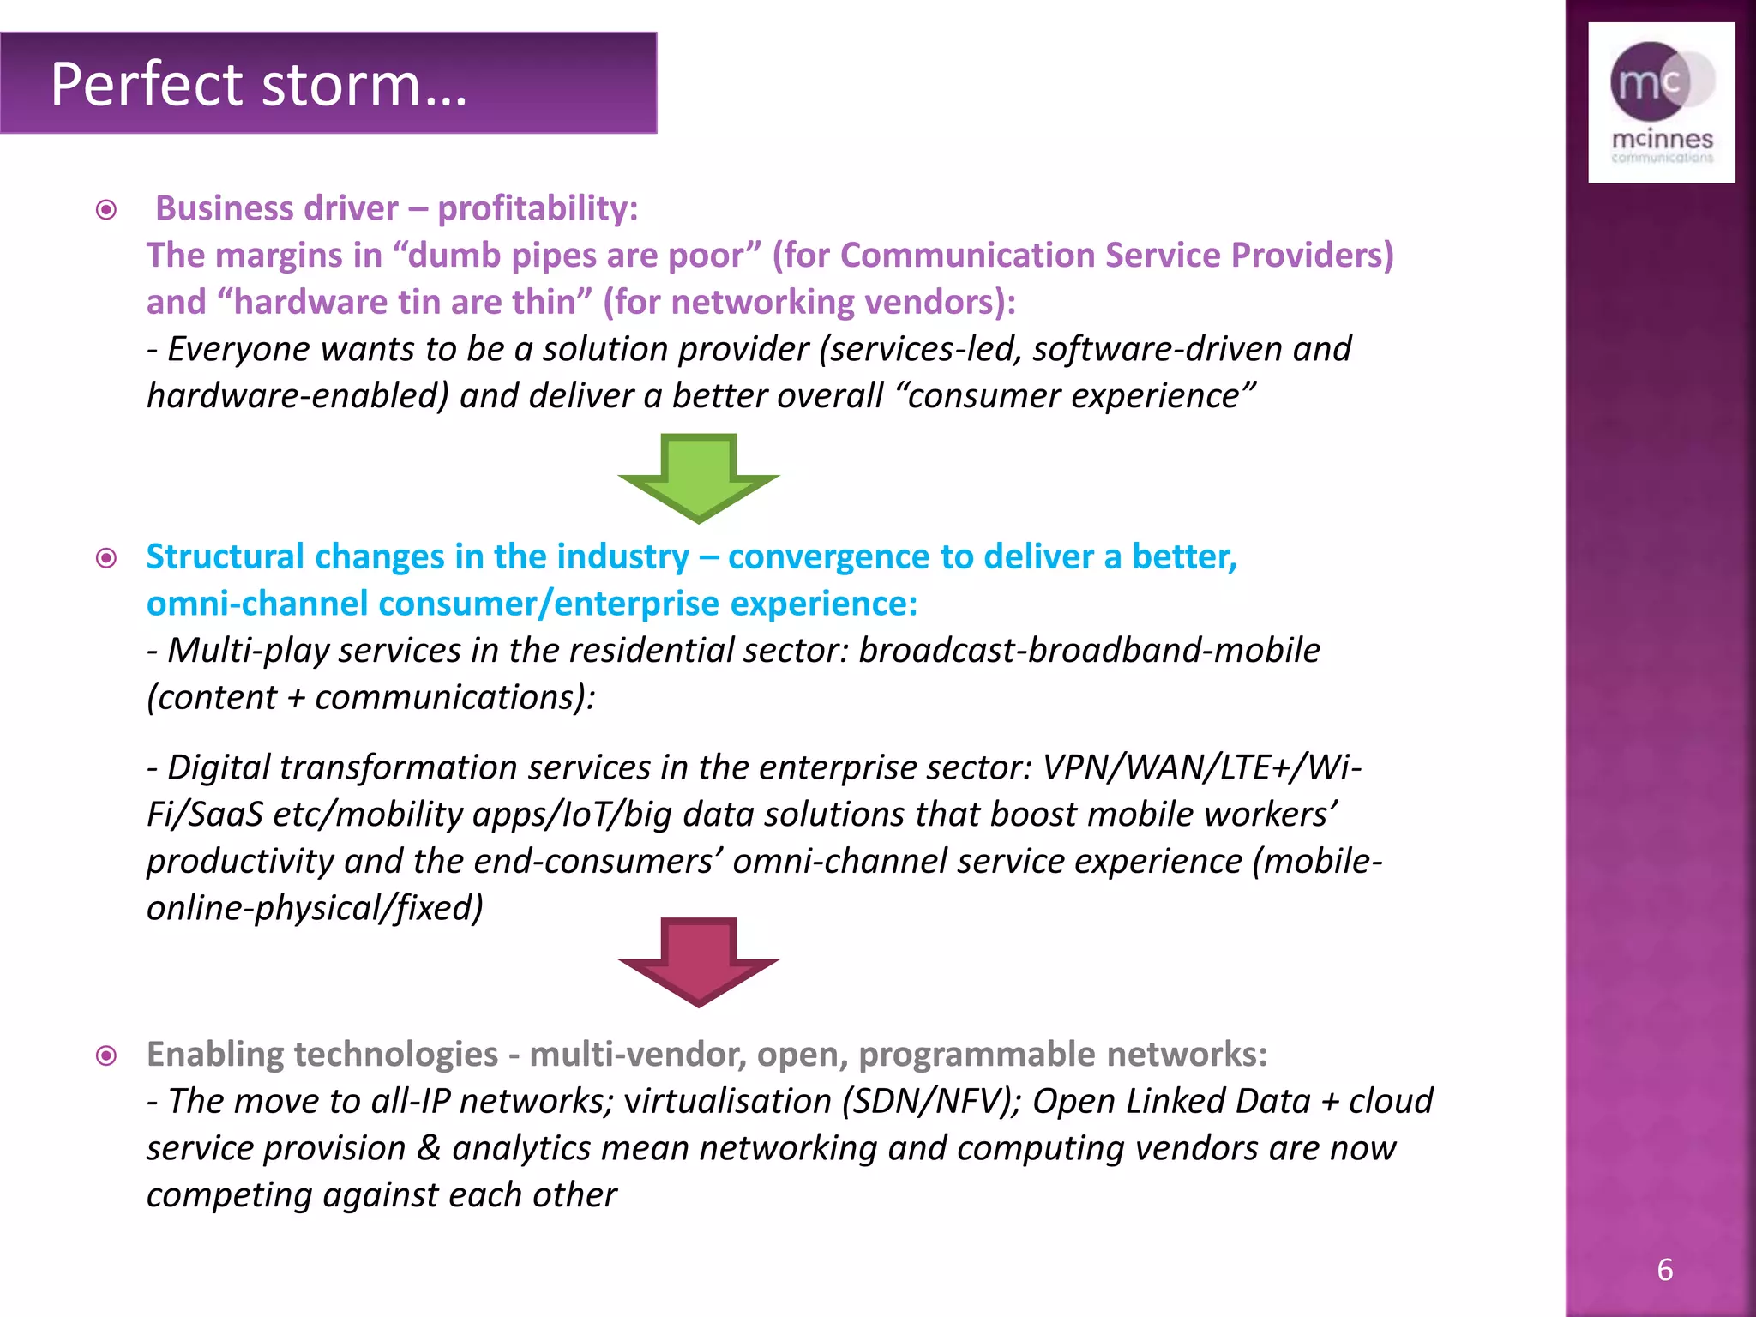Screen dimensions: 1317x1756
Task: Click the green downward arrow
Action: click(x=698, y=477)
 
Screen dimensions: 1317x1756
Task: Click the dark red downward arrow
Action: click(x=698, y=960)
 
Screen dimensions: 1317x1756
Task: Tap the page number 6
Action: click(x=1664, y=1270)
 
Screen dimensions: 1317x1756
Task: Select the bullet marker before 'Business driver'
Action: click(x=106, y=210)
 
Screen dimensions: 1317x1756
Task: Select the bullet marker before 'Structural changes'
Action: click(x=106, y=558)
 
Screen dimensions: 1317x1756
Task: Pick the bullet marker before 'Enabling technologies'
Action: click(x=106, y=1055)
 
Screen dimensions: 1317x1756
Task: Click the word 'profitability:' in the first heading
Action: click(x=538, y=208)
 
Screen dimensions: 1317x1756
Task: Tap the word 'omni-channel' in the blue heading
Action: click(x=257, y=604)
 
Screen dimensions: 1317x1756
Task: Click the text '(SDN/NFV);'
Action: click(x=930, y=1101)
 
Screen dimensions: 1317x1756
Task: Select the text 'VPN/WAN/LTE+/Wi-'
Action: click(x=1201, y=767)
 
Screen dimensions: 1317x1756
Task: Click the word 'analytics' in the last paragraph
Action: click(x=521, y=1148)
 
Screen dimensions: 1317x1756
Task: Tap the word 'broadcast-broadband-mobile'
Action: click(x=1089, y=651)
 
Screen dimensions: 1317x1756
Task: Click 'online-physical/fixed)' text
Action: click(x=315, y=908)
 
